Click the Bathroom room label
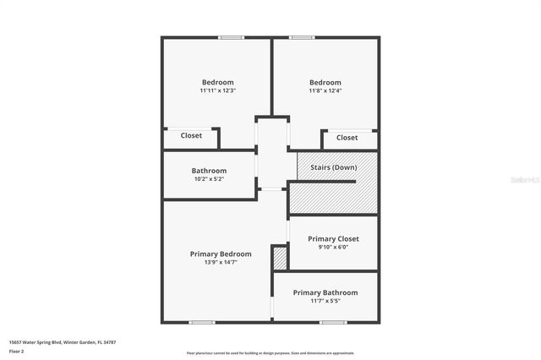[209, 171]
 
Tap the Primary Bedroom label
[220, 254]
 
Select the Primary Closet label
[333, 239]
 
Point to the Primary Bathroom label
[325, 292]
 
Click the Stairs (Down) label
[333, 167]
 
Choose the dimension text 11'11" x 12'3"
[217, 90]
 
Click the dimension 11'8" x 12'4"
[325, 90]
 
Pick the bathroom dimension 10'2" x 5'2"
[209, 179]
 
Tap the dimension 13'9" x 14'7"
[220, 262]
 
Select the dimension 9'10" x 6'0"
[333, 248]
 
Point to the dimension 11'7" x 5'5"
[325, 301]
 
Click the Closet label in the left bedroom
[191, 135]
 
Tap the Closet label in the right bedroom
[347, 138]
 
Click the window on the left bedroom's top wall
[231, 37]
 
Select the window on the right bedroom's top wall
[302, 37]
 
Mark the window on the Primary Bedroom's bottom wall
[201, 322]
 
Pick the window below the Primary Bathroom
[332, 322]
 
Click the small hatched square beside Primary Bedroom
[280, 258]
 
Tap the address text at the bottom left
[62, 342]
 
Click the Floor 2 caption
[17, 351]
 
